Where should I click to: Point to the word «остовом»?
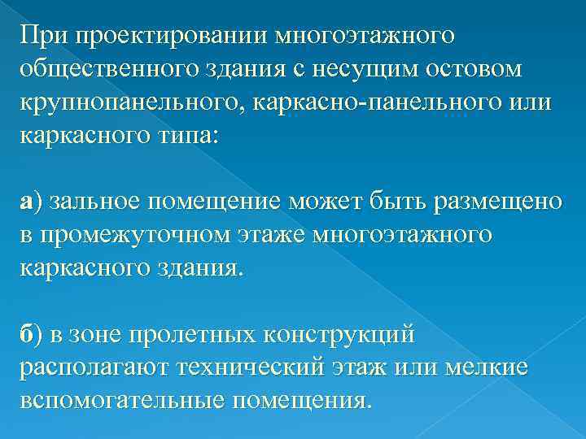point(479,71)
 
